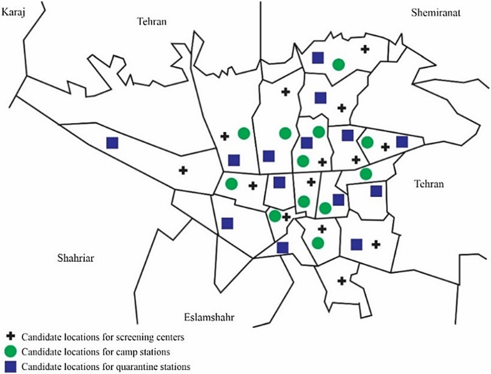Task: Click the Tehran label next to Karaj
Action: click(152, 22)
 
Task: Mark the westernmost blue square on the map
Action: click(112, 143)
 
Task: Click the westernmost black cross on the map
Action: click(183, 170)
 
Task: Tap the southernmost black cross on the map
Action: click(342, 281)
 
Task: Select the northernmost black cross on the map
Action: click(365, 49)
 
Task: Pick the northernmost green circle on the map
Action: click(338, 64)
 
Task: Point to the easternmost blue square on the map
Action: click(402, 142)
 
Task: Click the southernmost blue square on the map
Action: click(283, 247)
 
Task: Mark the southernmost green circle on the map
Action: click(318, 242)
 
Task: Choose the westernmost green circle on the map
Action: click(231, 184)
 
